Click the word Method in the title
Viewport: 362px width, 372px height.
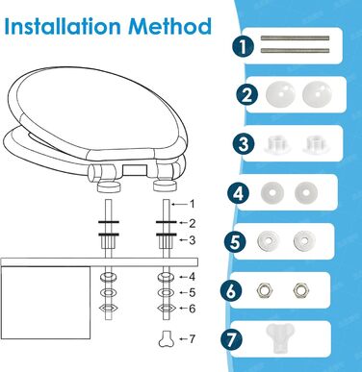(170, 26)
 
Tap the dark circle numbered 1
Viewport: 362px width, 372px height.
(244, 46)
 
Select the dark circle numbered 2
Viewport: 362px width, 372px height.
(247, 95)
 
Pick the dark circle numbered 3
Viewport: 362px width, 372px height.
(244, 143)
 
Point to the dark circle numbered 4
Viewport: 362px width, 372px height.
(238, 193)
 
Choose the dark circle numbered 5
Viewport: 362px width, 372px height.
(235, 241)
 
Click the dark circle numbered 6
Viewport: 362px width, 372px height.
(231, 291)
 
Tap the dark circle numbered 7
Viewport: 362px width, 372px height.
(232, 340)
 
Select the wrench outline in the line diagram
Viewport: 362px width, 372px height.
(167, 339)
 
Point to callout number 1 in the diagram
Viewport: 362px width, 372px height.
(192, 204)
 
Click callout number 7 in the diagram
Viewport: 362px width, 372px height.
(192, 339)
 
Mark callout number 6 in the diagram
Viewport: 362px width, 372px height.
(192, 309)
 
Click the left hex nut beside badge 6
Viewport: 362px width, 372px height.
(265, 290)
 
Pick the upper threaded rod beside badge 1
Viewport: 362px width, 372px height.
(295, 38)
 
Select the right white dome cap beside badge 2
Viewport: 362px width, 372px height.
(317, 94)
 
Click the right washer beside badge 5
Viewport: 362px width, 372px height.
(304, 240)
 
